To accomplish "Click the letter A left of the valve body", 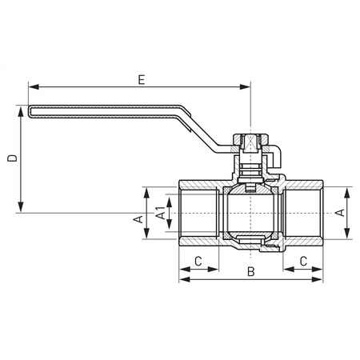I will click(x=138, y=218).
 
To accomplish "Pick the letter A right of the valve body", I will click(x=339, y=212).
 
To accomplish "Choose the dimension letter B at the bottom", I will click(x=250, y=274).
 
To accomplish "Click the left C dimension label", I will click(x=197, y=261).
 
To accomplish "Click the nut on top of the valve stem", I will click(x=250, y=143).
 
